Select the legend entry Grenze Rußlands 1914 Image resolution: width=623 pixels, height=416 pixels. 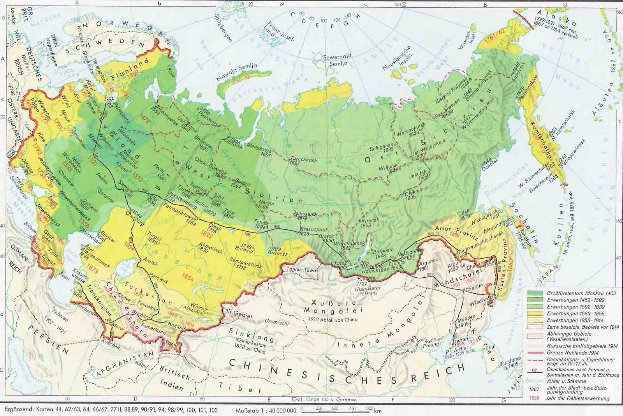[x=565, y=353]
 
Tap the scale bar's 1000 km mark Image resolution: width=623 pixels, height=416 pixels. [x=368, y=410]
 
